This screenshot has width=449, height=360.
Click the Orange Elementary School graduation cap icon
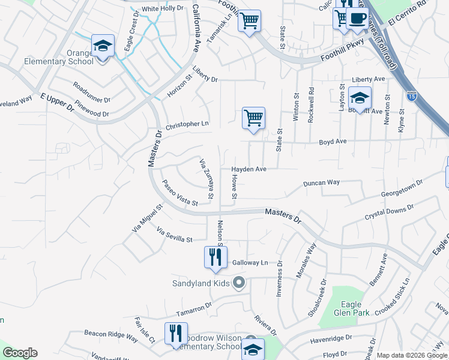click(x=103, y=46)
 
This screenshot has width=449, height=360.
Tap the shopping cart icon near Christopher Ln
click(x=254, y=118)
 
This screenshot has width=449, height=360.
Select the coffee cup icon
click(x=358, y=18)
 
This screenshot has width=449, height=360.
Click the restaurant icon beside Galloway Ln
click(x=215, y=257)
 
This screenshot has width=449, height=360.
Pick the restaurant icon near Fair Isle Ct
click(x=176, y=334)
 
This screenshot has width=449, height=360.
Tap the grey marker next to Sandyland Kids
click(x=240, y=282)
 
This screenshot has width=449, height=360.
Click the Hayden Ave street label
click(x=249, y=169)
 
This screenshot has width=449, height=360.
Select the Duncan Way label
click(x=321, y=182)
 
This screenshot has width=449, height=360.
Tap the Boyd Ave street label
click(x=333, y=142)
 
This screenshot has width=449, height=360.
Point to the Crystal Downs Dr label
click(x=390, y=212)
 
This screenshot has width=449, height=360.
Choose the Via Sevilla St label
click(x=174, y=235)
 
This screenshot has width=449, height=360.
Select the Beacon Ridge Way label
click(x=111, y=336)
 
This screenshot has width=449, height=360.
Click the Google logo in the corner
click(x=20, y=353)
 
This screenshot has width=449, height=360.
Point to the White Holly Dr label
click(x=162, y=8)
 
